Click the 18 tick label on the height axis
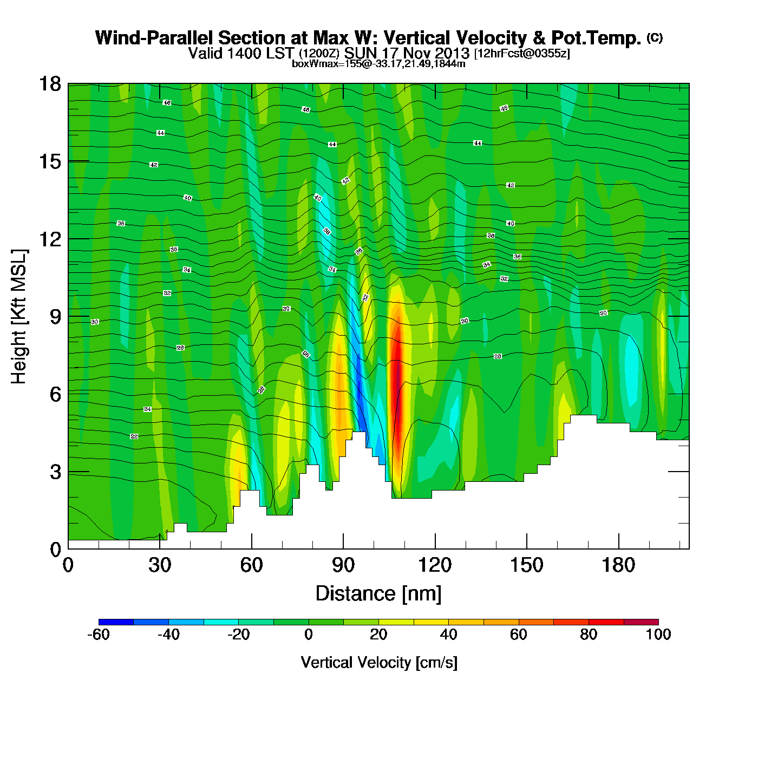click(x=49, y=84)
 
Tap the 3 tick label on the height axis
click(x=55, y=472)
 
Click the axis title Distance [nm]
click(x=378, y=594)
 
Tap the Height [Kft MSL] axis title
click(x=19, y=317)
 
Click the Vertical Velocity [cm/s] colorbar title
click(x=379, y=662)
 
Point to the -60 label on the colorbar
click(x=99, y=635)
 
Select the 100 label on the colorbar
click(x=658, y=635)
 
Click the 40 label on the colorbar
click(x=448, y=635)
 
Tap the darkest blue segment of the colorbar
click(x=116, y=622)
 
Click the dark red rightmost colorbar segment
click(x=641, y=622)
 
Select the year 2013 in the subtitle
click(x=451, y=53)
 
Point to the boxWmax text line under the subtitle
click(x=378, y=64)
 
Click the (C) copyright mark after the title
click(x=655, y=37)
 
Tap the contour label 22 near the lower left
click(x=134, y=436)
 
